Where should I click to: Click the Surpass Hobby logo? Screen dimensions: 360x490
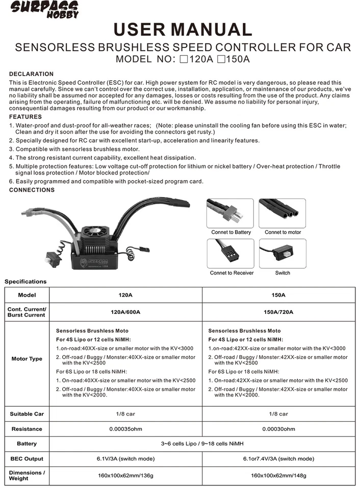45,9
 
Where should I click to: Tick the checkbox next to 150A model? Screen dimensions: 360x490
221,59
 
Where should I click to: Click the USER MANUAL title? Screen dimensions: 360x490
183,29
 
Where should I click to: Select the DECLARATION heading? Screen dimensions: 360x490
31,74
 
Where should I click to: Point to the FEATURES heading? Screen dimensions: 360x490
25,117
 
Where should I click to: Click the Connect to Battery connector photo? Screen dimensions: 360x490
230,213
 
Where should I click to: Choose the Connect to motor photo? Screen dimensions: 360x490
282,213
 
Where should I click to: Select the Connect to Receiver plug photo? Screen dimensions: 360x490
230,253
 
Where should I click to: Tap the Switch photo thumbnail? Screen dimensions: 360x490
282,253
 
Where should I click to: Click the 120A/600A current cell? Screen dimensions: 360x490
125,312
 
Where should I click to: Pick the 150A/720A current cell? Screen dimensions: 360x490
278,312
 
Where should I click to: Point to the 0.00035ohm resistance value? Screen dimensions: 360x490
125,429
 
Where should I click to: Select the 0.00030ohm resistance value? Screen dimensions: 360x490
278,429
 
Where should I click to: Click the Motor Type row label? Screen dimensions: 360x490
27,359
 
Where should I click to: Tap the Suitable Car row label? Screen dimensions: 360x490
27,414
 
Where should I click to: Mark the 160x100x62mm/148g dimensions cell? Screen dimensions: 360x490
278,476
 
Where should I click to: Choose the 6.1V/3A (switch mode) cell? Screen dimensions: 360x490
125,459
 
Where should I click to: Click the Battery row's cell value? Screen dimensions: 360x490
202,444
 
